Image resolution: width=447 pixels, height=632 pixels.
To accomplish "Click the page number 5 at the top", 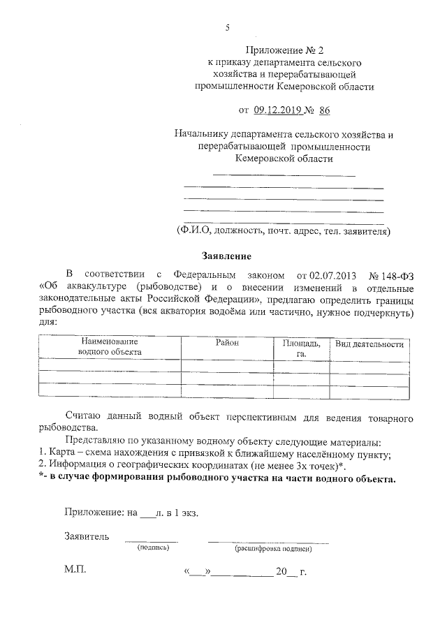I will [x=227, y=27].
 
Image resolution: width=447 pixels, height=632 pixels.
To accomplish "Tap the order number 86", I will [x=324, y=110].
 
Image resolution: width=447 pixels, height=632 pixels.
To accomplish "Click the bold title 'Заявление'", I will [x=221, y=256].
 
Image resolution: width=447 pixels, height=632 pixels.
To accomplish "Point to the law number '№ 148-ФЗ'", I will [x=390, y=274].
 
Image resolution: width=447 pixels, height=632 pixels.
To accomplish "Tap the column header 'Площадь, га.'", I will [x=302, y=348].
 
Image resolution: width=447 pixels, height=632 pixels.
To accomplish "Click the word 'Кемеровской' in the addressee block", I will [x=266, y=159].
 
